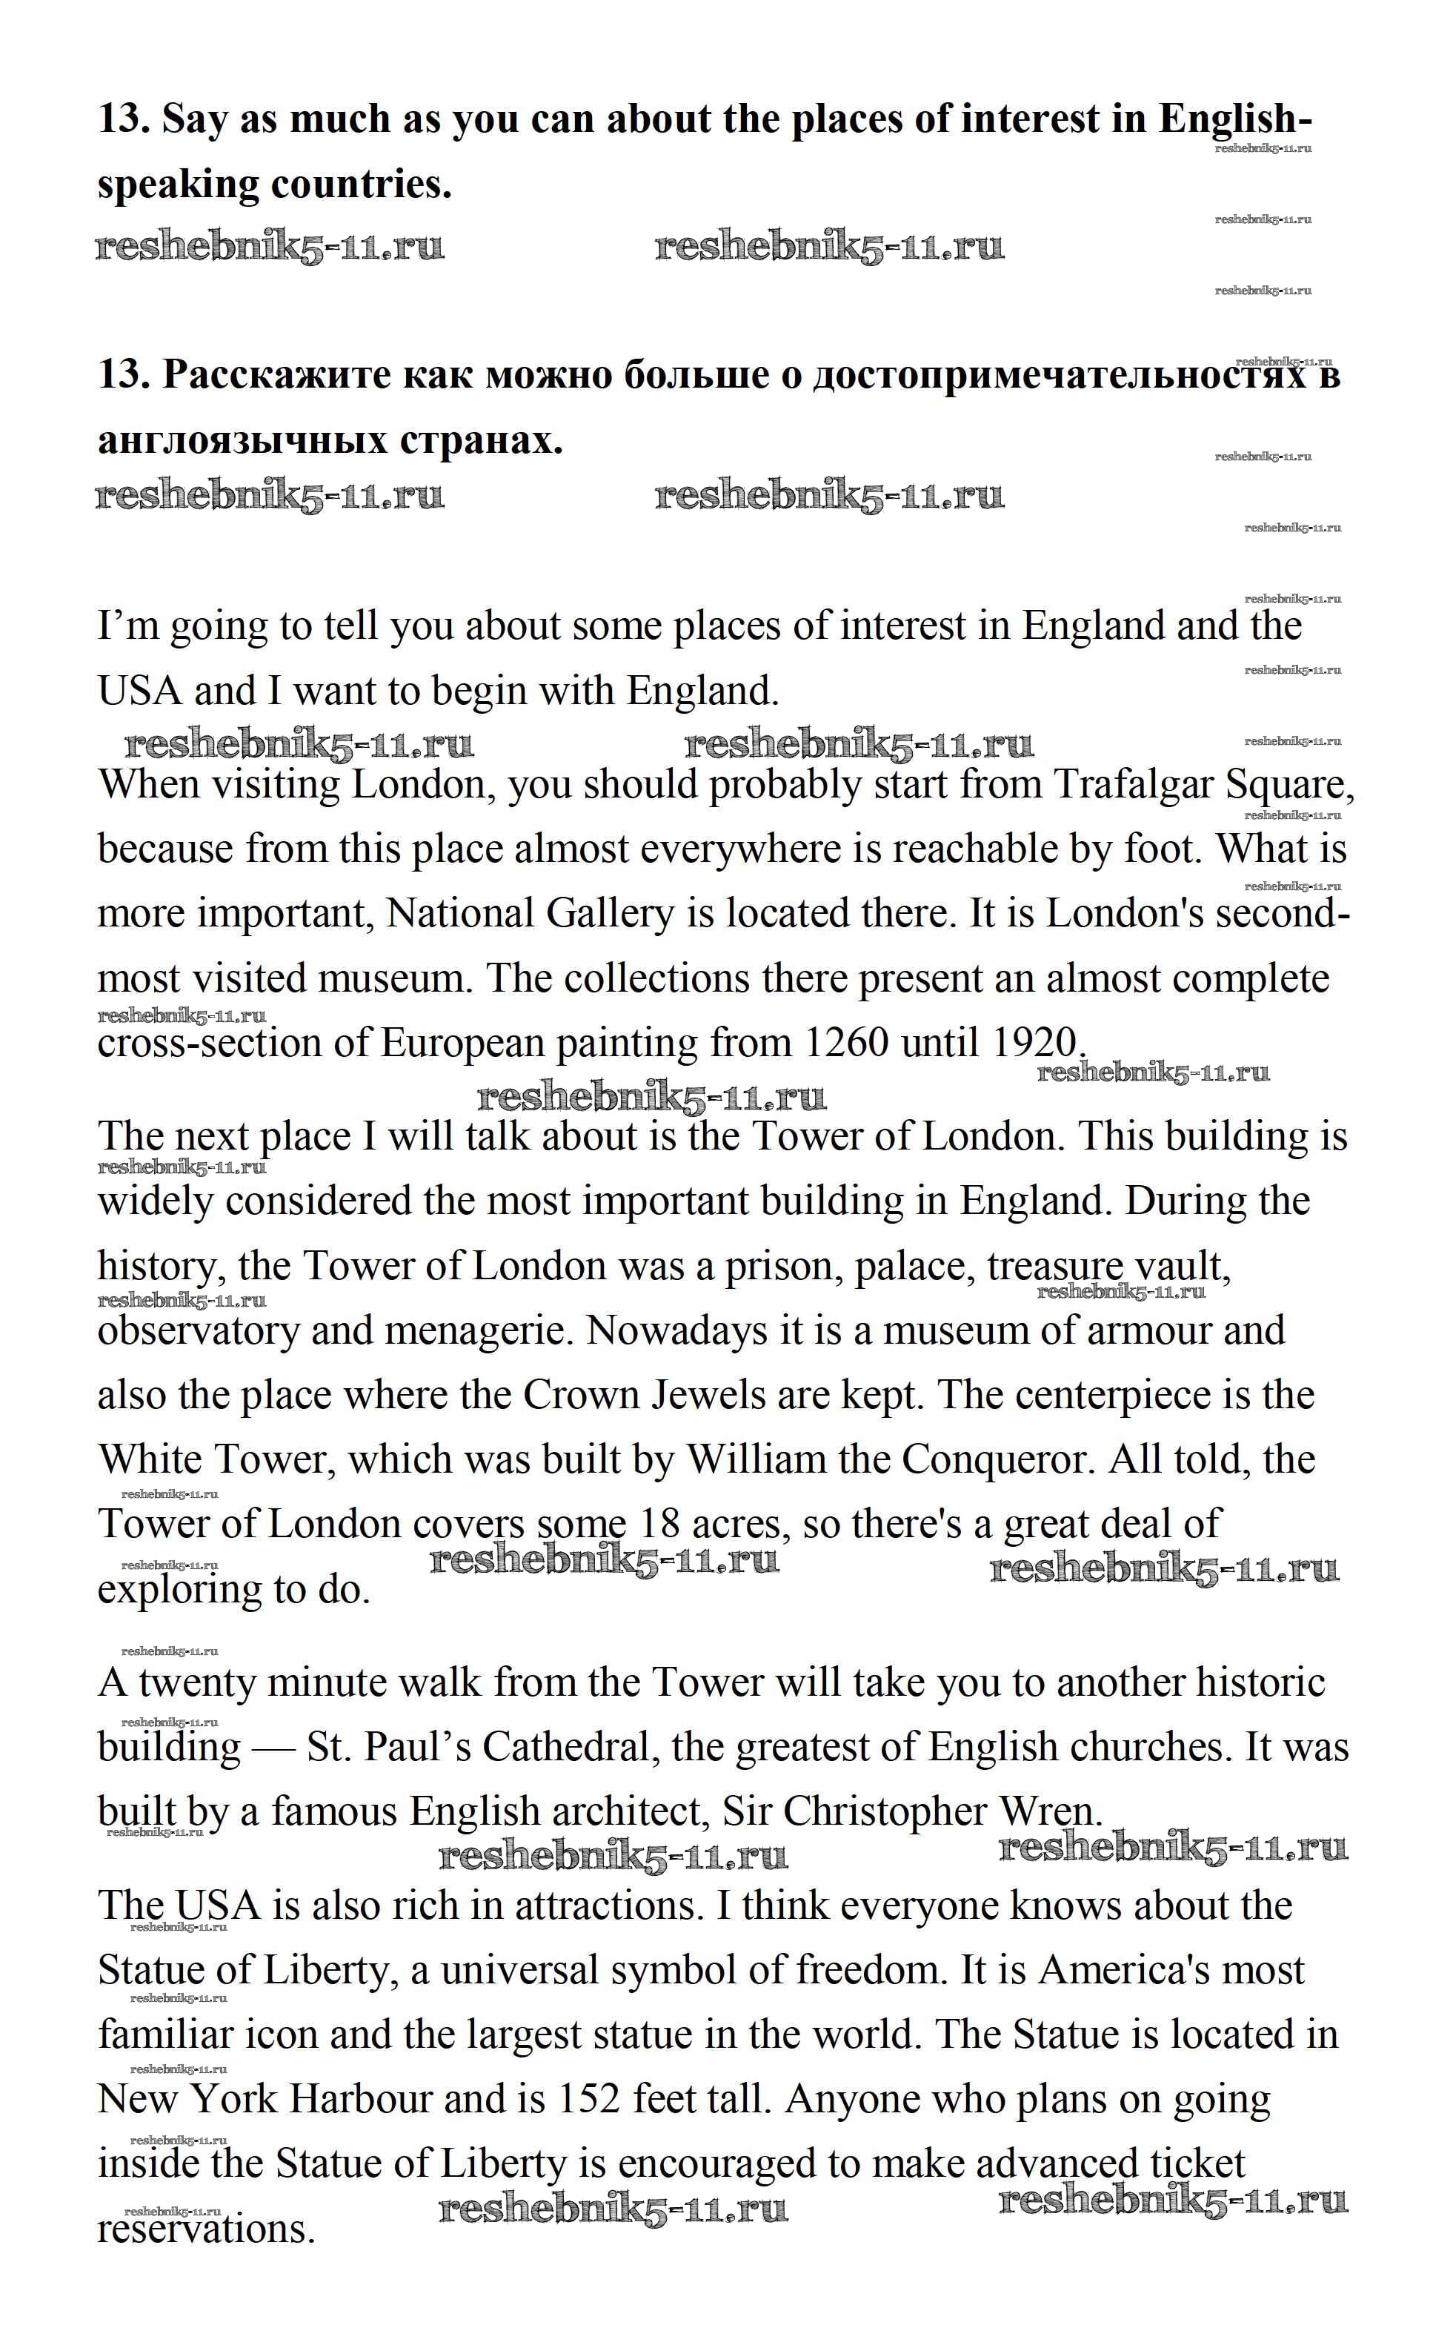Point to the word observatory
click(x=198, y=1331)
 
